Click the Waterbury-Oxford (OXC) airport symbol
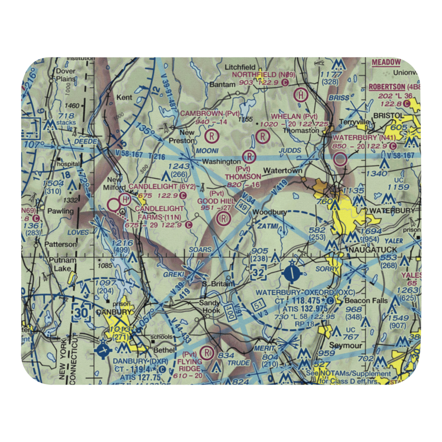[x=292, y=272]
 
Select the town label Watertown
[x=283, y=171]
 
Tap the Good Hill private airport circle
[x=224, y=218]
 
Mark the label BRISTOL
[x=389, y=116]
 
